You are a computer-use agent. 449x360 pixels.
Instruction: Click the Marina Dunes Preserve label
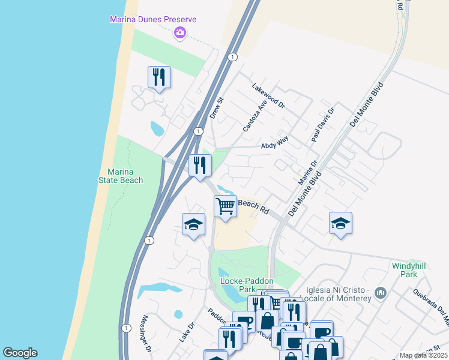pyautogui.click(x=152, y=19)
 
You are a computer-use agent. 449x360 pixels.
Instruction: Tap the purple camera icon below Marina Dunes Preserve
pyautogui.click(x=179, y=33)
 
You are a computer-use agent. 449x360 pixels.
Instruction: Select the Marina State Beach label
pyautogui.click(x=121, y=176)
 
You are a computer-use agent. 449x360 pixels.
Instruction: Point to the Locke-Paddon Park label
pyautogui.click(x=247, y=285)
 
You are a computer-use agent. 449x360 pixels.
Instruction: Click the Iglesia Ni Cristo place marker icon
pyautogui.click(x=379, y=293)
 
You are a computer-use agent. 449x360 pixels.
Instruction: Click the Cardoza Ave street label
pyautogui.click(x=254, y=116)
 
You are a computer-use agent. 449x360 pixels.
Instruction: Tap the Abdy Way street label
pyautogui.click(x=275, y=142)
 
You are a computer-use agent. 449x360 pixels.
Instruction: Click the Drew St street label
pyautogui.click(x=216, y=107)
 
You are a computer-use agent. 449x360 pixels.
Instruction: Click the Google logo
pyautogui.click(x=20, y=353)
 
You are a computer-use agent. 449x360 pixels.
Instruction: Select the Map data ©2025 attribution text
pyautogui.click(x=423, y=355)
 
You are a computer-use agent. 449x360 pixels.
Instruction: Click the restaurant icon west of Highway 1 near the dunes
pyautogui.click(x=159, y=77)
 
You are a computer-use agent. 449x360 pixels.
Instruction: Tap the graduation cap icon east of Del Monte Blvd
pyautogui.click(x=340, y=223)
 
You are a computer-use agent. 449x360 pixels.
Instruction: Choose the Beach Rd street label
pyautogui.click(x=253, y=206)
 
